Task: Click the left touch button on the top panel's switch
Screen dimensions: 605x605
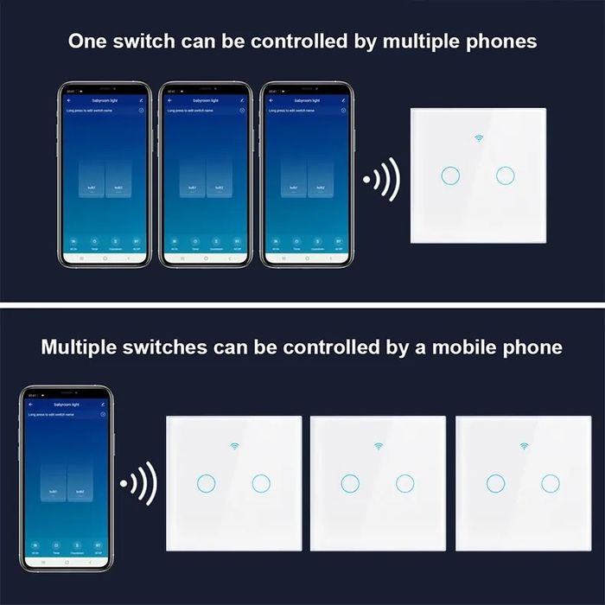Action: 449,175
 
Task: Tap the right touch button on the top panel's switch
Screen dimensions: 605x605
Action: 506,175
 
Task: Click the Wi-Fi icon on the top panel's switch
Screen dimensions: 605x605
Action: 478,138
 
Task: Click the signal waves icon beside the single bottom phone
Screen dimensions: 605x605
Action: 138,482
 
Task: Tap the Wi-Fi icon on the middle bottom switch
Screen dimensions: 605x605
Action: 379,446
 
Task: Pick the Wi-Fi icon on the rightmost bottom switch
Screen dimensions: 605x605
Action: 523,446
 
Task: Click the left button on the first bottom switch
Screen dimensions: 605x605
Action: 206,483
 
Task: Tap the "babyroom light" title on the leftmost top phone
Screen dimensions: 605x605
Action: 105,101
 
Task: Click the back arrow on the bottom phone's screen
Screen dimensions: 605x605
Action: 29,404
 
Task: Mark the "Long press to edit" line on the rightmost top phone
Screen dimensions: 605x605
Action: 290,111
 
